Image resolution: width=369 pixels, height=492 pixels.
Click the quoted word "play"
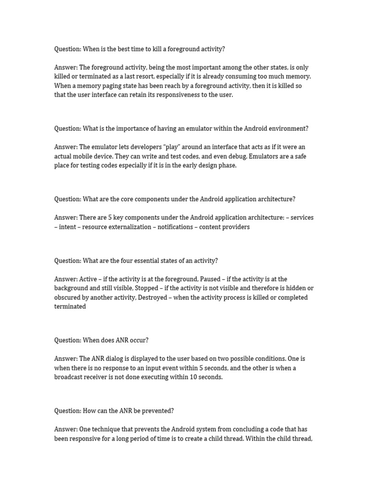point(183,147)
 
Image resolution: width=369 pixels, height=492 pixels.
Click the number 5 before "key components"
point(110,218)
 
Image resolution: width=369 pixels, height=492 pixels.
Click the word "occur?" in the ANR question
point(138,340)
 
